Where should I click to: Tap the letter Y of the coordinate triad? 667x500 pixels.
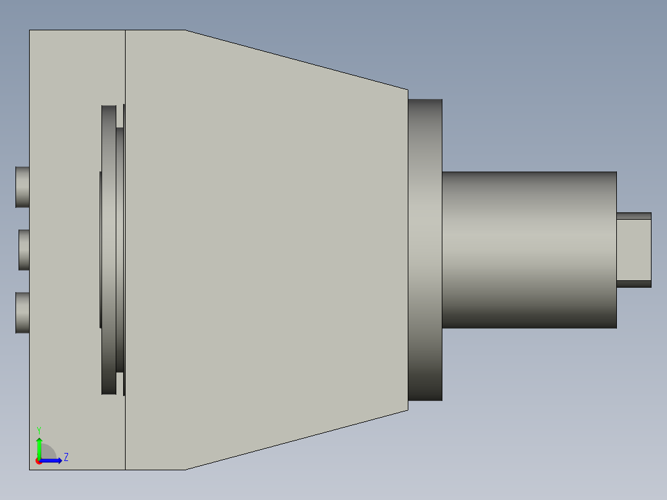39,431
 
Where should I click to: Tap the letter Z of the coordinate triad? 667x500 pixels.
66,457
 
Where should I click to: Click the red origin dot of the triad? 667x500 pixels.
38,461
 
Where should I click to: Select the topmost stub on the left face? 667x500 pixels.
22,187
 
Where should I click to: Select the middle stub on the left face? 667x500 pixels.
24,250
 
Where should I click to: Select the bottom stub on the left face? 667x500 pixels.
22,312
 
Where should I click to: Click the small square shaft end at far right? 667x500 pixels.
634,250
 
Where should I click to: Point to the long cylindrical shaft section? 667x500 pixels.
529,250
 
